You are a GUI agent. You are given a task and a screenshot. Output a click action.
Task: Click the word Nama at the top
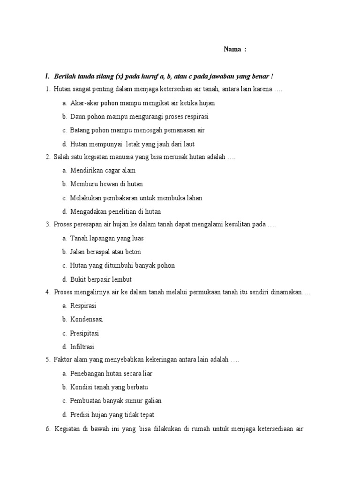coord(232,49)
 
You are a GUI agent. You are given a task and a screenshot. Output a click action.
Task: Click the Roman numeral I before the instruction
coord(47,76)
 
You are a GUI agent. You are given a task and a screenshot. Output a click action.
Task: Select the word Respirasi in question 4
coord(83,306)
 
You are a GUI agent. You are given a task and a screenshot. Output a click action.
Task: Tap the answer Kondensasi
coord(86,319)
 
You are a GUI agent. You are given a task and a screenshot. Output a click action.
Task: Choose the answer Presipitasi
coord(84,333)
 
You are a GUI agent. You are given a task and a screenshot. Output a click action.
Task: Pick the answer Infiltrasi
coord(82,347)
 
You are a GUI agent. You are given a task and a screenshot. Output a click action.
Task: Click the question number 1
coord(48,89)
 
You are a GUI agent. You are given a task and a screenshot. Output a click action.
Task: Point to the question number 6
coord(48,428)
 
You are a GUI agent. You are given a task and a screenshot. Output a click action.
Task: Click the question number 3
coord(48,225)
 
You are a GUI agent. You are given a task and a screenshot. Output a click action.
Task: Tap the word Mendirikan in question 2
coord(86,171)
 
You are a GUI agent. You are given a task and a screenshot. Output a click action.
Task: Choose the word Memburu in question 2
coord(83,184)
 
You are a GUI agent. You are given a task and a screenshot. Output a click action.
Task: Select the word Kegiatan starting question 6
coord(68,428)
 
